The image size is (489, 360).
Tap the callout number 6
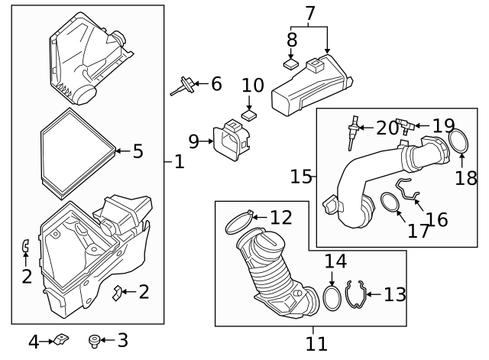(216, 83)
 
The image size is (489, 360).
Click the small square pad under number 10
(249, 115)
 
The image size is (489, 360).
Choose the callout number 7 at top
(309, 13)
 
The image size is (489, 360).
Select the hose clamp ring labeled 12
(238, 222)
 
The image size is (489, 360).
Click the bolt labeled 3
(96, 340)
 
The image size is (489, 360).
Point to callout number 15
(301, 177)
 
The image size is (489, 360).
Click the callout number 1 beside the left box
(179, 162)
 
